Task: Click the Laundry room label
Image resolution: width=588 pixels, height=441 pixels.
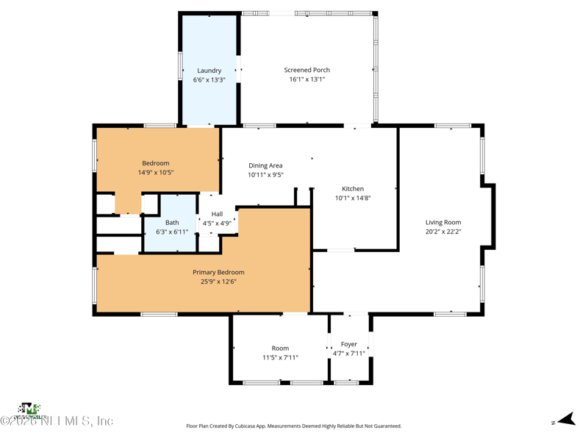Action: click(x=209, y=71)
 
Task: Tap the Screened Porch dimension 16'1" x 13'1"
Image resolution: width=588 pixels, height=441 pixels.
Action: click(x=306, y=79)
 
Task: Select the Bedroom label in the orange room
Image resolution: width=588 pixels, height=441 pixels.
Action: click(x=156, y=163)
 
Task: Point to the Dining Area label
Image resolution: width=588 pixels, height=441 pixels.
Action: click(x=265, y=165)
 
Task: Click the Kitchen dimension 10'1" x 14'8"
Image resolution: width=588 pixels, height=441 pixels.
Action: click(x=353, y=198)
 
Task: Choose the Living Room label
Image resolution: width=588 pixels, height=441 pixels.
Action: click(x=443, y=222)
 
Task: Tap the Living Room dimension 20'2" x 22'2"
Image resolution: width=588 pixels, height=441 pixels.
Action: click(x=443, y=232)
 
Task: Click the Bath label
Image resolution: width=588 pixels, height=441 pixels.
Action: click(x=172, y=223)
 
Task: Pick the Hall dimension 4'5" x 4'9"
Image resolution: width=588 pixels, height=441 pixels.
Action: click(x=218, y=223)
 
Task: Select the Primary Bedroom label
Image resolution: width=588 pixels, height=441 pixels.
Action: click(x=218, y=272)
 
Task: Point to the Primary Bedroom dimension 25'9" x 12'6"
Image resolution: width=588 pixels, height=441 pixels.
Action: click(x=218, y=282)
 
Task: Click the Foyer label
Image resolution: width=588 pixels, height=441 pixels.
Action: click(x=349, y=344)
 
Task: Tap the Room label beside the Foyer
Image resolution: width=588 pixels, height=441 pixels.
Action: click(x=280, y=348)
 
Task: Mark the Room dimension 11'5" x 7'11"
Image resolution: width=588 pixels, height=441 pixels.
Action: click(x=280, y=358)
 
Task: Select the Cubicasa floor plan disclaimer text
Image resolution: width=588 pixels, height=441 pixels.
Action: click(x=294, y=426)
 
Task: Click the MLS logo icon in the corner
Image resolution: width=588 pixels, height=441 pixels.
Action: click(x=29, y=409)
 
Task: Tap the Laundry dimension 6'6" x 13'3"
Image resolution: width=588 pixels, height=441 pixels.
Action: click(x=209, y=79)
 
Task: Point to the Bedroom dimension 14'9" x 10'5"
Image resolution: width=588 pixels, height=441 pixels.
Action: click(x=156, y=173)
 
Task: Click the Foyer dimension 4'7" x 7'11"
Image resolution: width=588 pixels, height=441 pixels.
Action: click(x=349, y=354)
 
